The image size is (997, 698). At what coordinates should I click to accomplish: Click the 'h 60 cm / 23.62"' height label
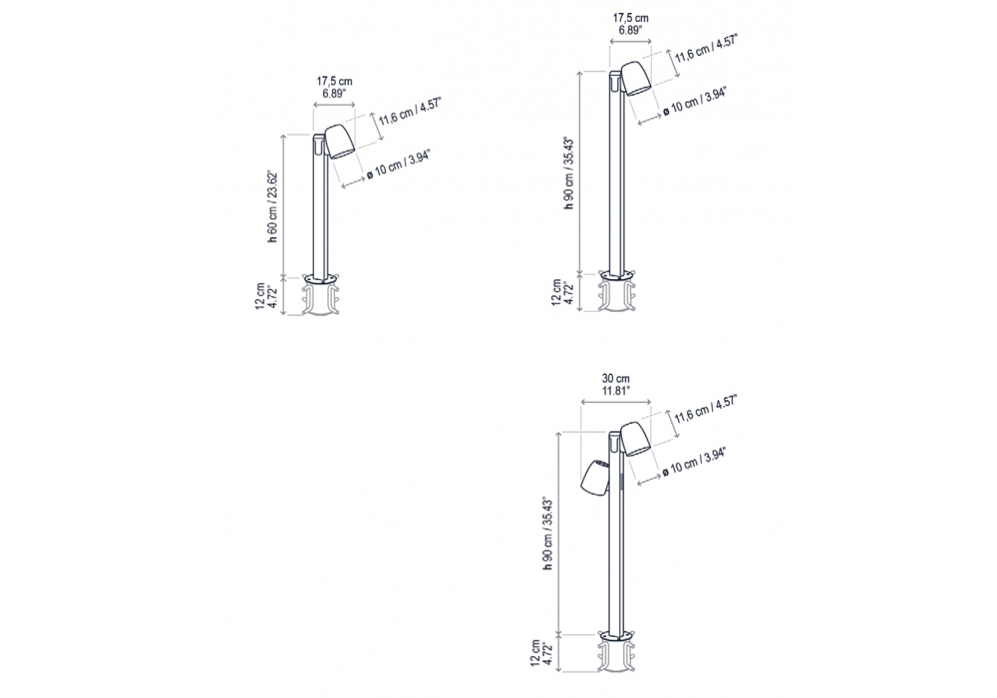coord(272,207)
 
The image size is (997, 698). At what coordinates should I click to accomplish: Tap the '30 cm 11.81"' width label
coord(615,384)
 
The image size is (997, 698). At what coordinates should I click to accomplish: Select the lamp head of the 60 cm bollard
coord(340,142)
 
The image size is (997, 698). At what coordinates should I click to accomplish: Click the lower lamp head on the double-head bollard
coord(594,476)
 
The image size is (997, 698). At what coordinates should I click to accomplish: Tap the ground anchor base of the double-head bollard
coord(616,651)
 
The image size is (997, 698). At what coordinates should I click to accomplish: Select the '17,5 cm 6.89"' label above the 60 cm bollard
coord(334,87)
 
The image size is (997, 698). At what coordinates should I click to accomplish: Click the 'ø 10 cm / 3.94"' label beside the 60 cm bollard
coord(399,166)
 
